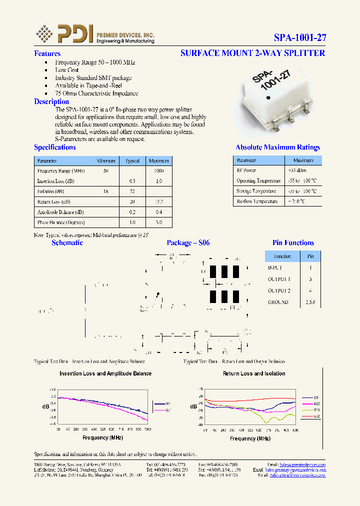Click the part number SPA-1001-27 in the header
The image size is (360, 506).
(x=299, y=37)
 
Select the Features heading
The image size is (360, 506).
(x=47, y=53)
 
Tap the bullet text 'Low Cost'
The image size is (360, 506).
(x=67, y=70)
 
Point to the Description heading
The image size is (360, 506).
(x=51, y=101)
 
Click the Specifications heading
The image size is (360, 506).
(x=54, y=147)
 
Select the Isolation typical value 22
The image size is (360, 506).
(x=132, y=191)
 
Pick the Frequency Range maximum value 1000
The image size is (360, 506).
(x=158, y=171)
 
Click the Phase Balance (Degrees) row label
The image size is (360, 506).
(x=61, y=222)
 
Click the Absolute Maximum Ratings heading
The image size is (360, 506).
(x=277, y=147)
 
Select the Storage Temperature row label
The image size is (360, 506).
(x=256, y=191)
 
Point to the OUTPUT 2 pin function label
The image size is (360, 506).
(x=279, y=290)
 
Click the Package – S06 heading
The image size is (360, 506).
(x=188, y=243)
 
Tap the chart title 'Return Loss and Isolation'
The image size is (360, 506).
(x=254, y=373)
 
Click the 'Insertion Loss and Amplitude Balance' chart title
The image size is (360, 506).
(x=105, y=373)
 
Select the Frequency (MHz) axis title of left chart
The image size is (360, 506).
(x=102, y=437)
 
